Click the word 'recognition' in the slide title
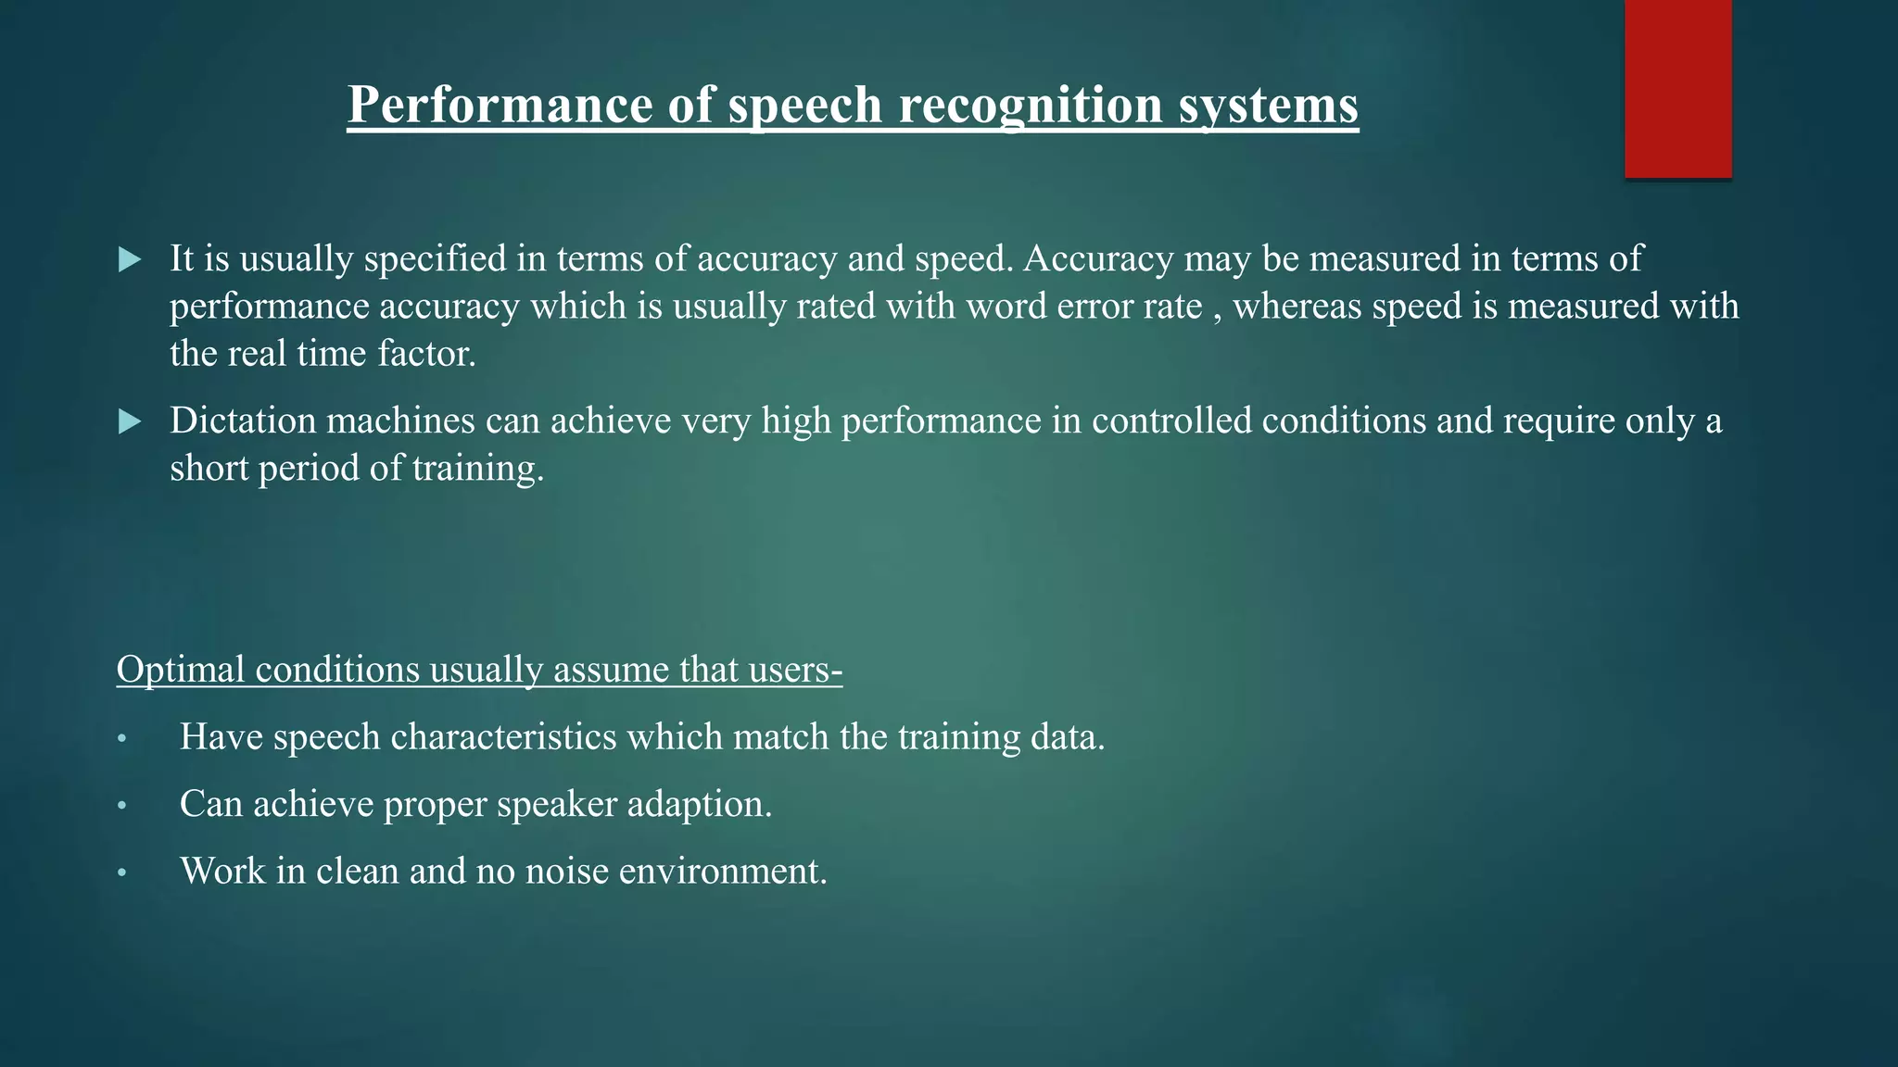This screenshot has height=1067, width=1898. point(1031,105)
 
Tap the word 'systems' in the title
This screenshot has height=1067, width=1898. point(1268,105)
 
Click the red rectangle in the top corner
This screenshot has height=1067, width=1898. point(1677,89)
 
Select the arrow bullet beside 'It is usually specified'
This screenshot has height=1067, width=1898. point(131,260)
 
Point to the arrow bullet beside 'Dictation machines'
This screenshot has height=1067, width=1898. point(131,422)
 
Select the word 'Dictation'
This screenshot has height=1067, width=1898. point(243,421)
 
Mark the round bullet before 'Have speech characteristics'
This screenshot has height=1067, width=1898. point(121,739)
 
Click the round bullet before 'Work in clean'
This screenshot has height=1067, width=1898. point(121,873)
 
